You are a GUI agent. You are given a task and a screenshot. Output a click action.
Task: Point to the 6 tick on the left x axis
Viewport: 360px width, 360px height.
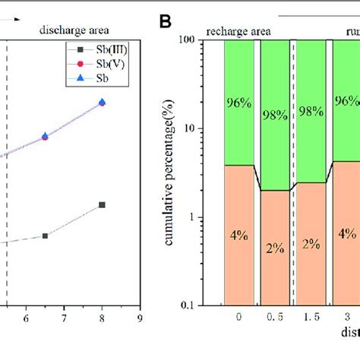tap(26, 320)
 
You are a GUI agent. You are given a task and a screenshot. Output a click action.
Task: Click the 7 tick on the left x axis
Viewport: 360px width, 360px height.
tap(64, 320)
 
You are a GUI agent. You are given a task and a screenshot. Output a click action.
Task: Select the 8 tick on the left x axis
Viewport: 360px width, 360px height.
tap(102, 320)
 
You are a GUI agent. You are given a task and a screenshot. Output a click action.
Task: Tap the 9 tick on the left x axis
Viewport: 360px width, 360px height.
tap(140, 320)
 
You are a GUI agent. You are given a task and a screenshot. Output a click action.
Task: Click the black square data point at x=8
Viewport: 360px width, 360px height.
tap(102, 205)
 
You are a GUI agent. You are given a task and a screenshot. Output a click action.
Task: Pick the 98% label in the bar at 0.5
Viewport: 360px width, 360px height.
tap(276, 103)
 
